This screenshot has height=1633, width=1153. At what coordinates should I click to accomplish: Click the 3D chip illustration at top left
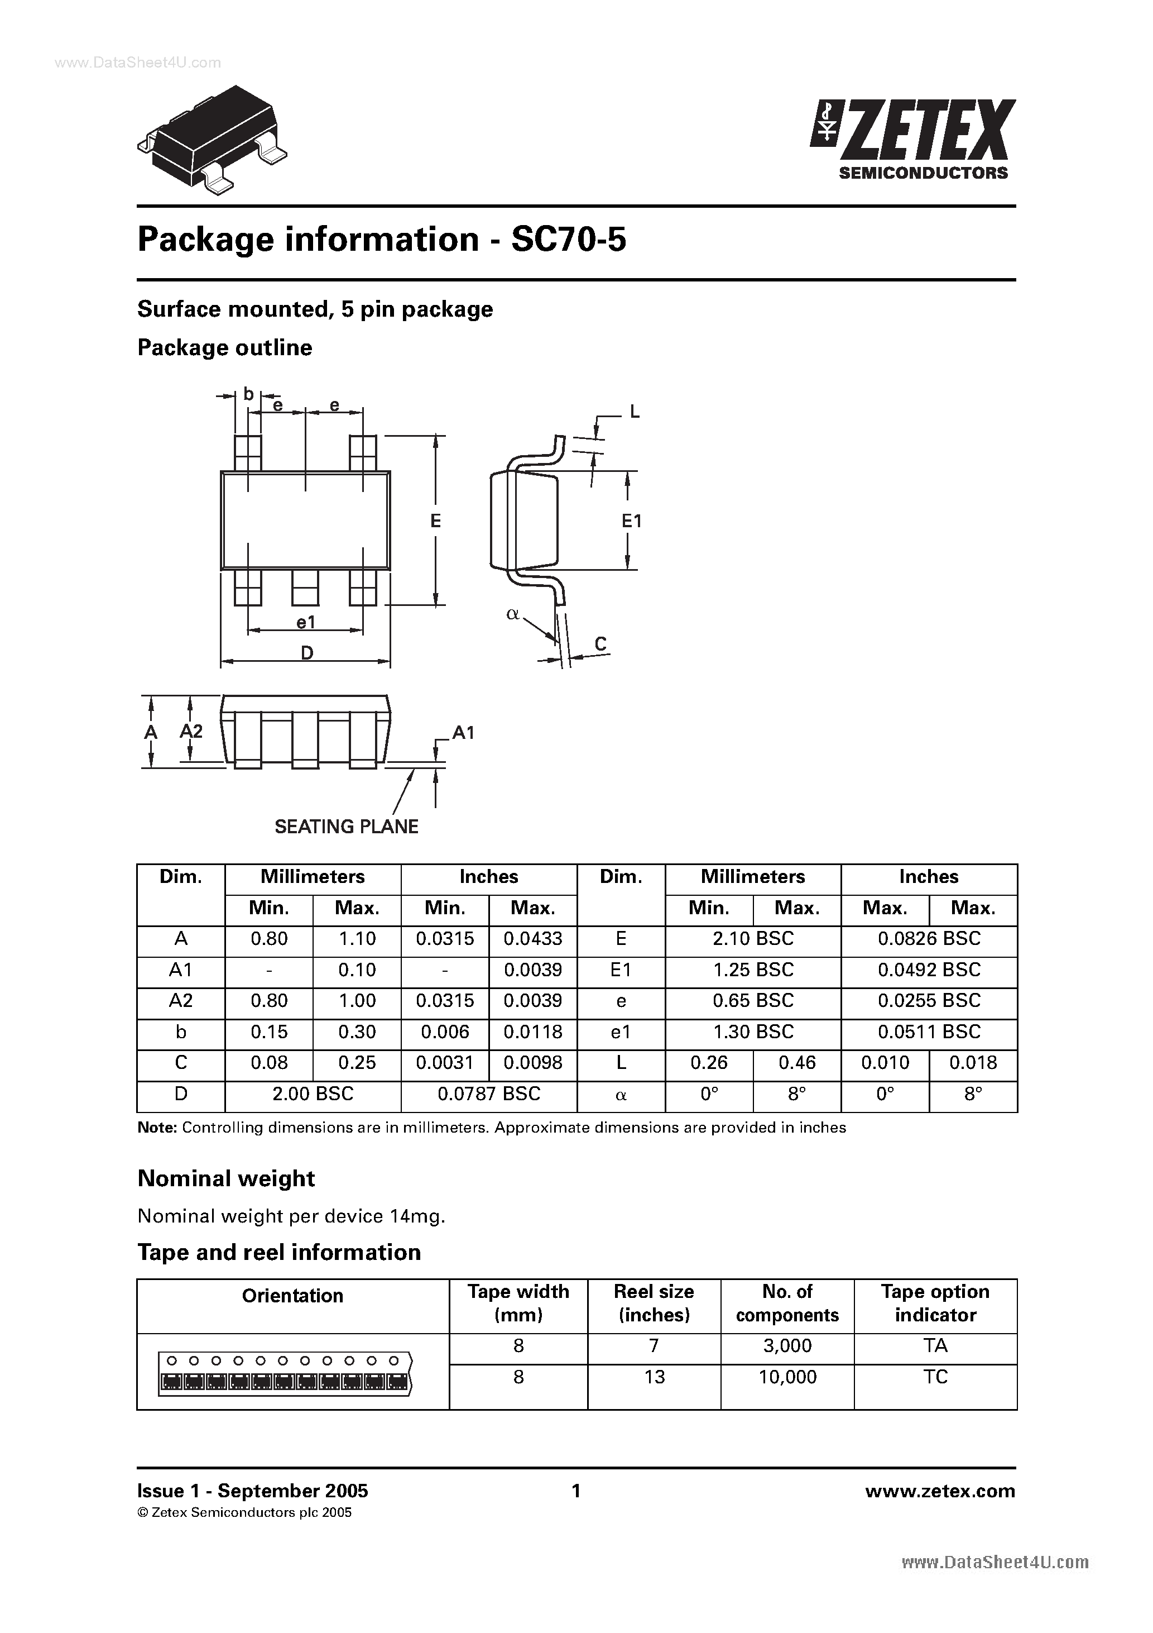tap(213, 137)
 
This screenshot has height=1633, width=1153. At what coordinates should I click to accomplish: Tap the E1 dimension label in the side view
tap(631, 521)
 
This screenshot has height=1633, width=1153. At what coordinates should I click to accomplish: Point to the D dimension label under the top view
tap(306, 652)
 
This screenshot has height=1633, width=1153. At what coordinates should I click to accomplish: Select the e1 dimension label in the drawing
tap(306, 622)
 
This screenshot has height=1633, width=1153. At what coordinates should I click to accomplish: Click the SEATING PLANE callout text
tap(346, 827)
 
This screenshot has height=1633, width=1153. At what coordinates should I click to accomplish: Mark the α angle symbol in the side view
tap(512, 614)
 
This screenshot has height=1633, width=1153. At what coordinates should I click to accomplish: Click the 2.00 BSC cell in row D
tap(313, 1093)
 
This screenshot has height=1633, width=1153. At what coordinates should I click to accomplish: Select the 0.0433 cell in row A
tap(532, 939)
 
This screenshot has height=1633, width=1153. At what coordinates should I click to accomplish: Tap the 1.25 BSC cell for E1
tap(753, 970)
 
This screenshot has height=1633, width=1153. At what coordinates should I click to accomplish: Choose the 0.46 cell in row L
tap(797, 1063)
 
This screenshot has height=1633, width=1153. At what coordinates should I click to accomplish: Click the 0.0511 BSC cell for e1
tap(929, 1032)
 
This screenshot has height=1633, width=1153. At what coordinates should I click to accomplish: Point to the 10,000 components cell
tap(787, 1377)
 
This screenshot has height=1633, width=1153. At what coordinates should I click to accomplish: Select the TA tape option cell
tap(935, 1345)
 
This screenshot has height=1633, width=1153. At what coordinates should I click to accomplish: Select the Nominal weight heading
tap(226, 1178)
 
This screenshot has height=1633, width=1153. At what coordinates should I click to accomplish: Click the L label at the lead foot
tap(635, 411)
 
